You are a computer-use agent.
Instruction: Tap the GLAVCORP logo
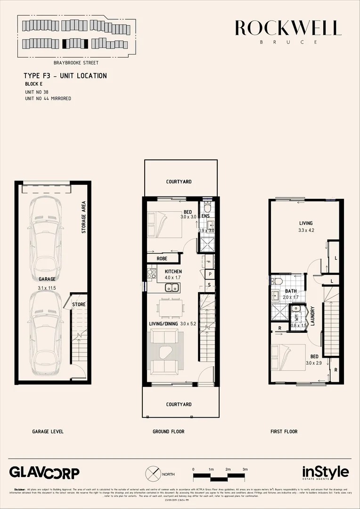pyautogui.click(x=44, y=472)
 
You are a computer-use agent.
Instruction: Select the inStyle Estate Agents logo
pyautogui.click(x=325, y=473)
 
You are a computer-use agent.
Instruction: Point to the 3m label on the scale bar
pyautogui.click(x=245, y=469)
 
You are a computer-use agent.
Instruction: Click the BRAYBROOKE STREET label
pyautogui.click(x=76, y=62)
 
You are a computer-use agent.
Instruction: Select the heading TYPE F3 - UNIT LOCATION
pyautogui.click(x=65, y=76)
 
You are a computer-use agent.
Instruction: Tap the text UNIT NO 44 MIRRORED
pyautogui.click(x=48, y=99)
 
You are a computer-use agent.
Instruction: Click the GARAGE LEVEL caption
pyautogui.click(x=48, y=431)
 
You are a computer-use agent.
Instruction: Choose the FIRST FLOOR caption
pyautogui.click(x=284, y=431)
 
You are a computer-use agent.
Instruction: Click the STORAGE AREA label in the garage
pyautogui.click(x=83, y=217)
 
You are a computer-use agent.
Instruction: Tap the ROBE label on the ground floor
pyautogui.click(x=162, y=258)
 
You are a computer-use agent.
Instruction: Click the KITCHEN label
pyautogui.click(x=172, y=271)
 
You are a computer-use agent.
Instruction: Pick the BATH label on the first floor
pyautogui.click(x=291, y=291)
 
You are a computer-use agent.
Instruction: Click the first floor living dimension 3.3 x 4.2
pyautogui.click(x=306, y=230)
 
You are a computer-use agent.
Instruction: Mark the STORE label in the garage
pyautogui.click(x=79, y=304)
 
